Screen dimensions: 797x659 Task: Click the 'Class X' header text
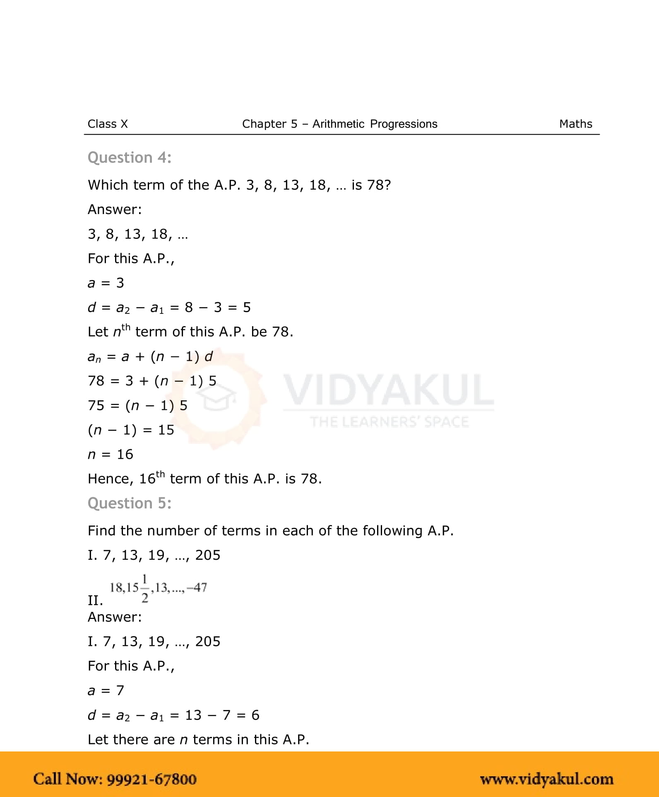pos(108,124)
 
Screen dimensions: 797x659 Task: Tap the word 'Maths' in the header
pos(575,124)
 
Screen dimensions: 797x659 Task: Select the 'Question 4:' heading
pos(130,158)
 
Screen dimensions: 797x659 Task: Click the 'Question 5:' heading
pos(130,503)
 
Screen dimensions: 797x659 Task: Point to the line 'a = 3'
pos(106,283)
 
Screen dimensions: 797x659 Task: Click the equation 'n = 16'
pos(111,454)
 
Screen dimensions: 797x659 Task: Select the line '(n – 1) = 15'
pos(131,430)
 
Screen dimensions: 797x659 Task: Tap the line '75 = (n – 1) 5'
pos(137,405)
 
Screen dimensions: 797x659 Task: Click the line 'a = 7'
pos(106,690)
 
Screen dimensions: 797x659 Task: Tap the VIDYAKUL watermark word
pos(388,390)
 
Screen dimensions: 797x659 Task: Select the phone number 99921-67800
pos(152,779)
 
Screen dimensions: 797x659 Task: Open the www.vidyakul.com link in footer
pos(546,779)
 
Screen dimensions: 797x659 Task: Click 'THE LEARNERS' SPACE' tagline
pos(389,422)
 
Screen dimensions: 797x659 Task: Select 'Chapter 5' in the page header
pos(269,124)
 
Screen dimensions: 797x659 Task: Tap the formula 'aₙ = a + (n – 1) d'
pos(150,356)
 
